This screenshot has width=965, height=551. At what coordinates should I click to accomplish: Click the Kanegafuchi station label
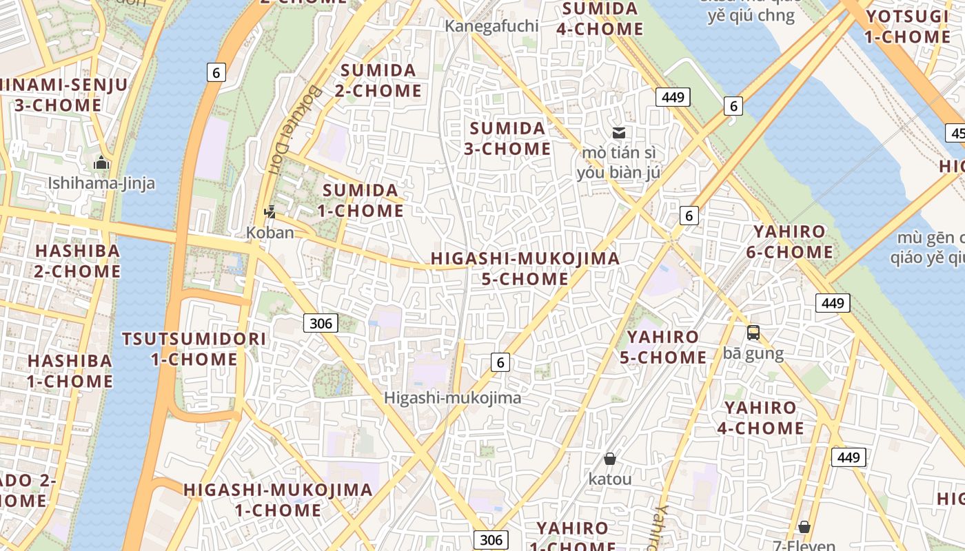(x=491, y=26)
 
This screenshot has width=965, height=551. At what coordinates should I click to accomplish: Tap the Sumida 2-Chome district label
(x=378, y=81)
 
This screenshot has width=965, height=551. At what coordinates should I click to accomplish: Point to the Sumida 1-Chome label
(x=363, y=200)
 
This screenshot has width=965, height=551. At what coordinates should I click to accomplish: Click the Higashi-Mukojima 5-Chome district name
(x=525, y=269)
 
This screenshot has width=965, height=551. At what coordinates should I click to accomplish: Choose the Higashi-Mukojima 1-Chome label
(x=278, y=500)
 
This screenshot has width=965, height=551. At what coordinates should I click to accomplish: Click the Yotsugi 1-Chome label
(x=907, y=27)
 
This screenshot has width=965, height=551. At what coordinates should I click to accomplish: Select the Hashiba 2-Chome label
(x=77, y=260)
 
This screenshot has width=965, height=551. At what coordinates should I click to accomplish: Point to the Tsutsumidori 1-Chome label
(x=194, y=349)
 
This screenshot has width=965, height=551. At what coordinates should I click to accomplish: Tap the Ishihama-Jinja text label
(x=101, y=183)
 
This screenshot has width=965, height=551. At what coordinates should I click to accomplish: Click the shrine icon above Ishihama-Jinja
(x=101, y=163)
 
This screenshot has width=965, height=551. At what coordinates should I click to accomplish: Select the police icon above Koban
(x=270, y=212)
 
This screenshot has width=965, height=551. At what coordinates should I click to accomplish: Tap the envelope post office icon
(x=619, y=132)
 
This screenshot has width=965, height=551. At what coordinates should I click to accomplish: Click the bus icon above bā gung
(x=753, y=333)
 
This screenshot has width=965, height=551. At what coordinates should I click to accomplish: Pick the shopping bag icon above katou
(x=609, y=459)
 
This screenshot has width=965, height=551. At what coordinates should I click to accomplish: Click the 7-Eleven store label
(x=804, y=545)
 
